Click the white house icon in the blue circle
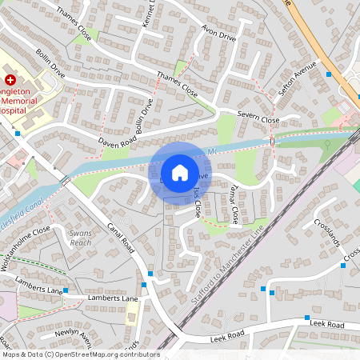[x=180, y=172]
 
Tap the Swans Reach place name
[x=81, y=237]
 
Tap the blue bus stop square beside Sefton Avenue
[x=329, y=74]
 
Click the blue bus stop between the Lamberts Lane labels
[x=66, y=290]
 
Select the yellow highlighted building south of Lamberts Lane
[x=132, y=312]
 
